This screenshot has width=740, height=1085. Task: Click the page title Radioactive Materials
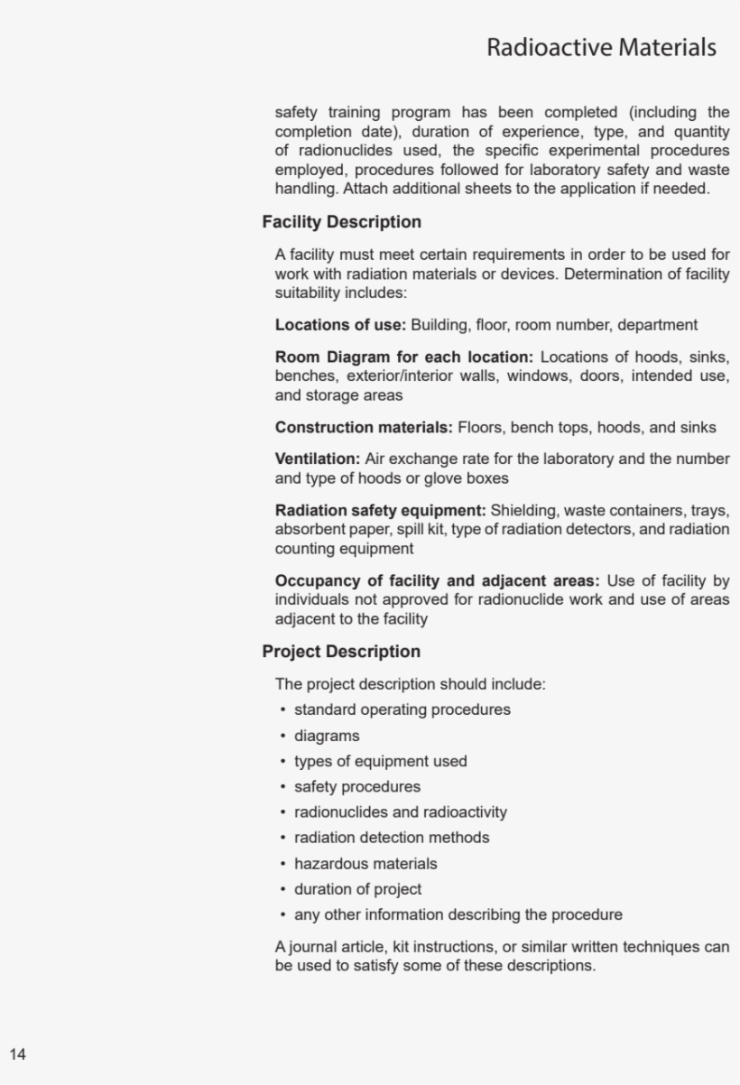tap(601, 47)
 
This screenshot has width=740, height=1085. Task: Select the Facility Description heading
tap(341, 222)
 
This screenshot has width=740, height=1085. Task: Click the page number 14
tap(18, 1054)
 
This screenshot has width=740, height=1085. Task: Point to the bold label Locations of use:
tap(340, 325)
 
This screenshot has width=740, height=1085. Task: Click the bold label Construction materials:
tap(364, 428)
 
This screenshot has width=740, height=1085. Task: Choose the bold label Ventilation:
tap(317, 459)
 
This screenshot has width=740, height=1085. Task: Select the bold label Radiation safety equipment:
tap(380, 511)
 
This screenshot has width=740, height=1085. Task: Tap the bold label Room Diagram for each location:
tap(403, 357)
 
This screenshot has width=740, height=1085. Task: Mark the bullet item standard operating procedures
tap(402, 709)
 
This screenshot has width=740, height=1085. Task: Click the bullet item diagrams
tap(326, 736)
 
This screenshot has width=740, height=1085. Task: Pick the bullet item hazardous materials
tap(365, 864)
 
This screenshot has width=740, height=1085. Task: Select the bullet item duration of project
tap(357, 889)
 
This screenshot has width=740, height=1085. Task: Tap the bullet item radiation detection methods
tap(392, 838)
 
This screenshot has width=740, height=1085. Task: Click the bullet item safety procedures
tap(356, 787)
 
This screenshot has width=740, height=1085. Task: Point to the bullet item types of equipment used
tap(380, 761)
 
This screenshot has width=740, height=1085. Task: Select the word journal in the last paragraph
tap(314, 947)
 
